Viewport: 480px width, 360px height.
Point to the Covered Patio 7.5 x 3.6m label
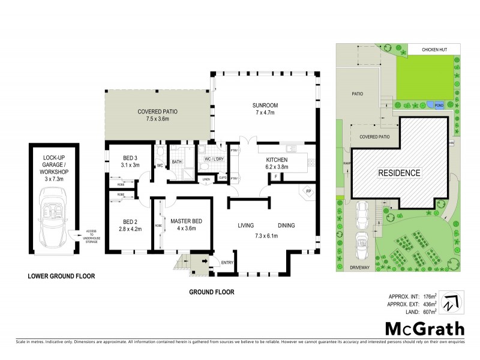tap(157, 114)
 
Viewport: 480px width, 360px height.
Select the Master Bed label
tap(185, 224)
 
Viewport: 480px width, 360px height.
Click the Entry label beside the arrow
tap(227, 262)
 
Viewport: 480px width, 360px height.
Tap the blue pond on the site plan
tap(439, 105)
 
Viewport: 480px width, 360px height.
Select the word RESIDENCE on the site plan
tap(398, 173)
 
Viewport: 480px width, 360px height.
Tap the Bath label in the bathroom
tap(177, 162)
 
